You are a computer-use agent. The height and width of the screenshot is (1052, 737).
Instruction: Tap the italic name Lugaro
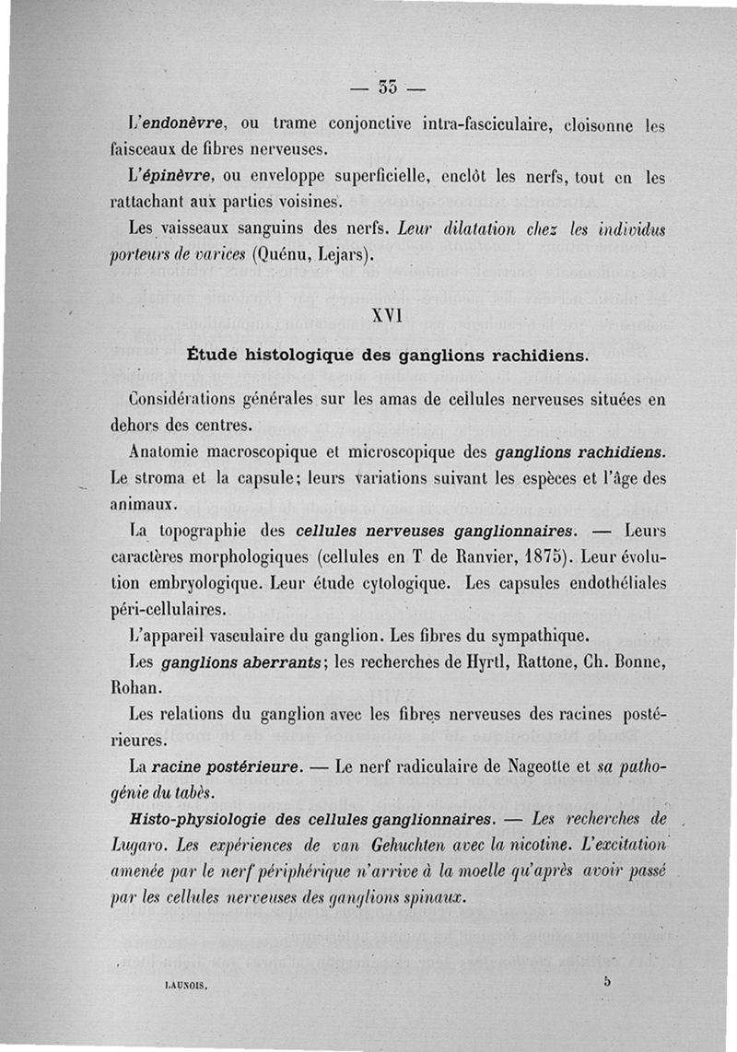click(137, 845)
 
